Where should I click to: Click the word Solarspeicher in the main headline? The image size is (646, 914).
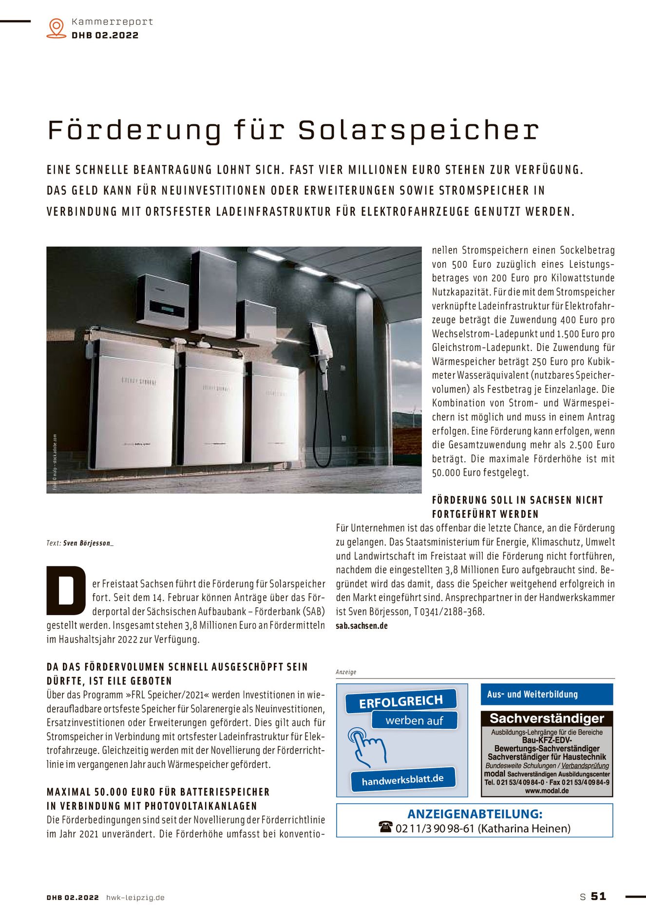coord(418,131)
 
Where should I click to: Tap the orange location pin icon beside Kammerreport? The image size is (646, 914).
coord(57,28)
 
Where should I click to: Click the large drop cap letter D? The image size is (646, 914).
coord(66,590)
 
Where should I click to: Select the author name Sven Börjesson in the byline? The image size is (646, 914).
coord(88,543)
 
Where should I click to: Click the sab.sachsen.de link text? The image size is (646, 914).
coord(361,626)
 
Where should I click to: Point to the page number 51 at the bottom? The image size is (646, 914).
coord(598,896)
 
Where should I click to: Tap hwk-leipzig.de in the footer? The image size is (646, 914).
coord(135,897)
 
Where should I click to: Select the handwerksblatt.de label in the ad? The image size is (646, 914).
coord(402,779)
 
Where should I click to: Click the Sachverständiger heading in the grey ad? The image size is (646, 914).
coord(547,719)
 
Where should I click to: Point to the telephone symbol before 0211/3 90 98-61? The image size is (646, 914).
coord(385,827)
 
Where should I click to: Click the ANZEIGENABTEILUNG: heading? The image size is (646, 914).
coord(475,814)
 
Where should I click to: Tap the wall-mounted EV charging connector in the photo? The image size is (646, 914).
coord(323,341)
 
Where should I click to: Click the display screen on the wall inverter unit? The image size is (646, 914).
coord(166,309)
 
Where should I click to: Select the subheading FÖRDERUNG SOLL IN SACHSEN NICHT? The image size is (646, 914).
coord(517,500)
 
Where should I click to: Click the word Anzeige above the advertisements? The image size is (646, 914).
coord(346,672)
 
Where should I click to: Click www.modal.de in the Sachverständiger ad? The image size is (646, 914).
coord(547,791)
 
